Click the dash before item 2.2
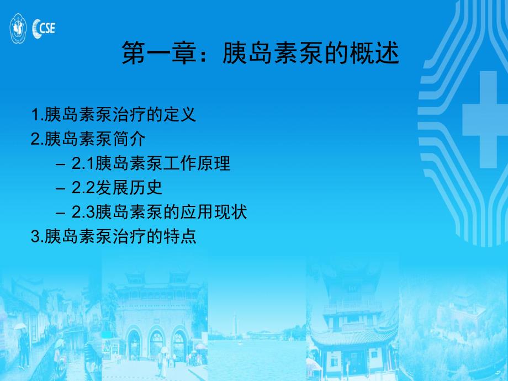coord(60,188)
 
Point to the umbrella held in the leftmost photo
coord(20,326)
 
